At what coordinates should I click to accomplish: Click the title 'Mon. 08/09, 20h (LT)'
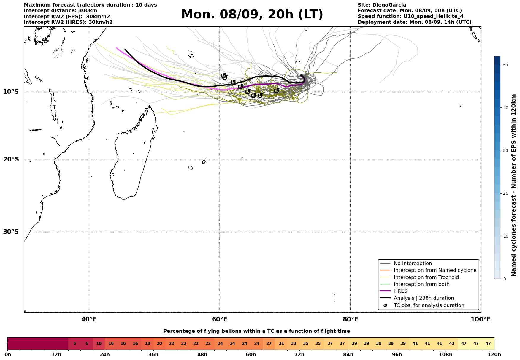(252, 15)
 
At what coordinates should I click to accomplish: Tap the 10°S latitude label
(11, 92)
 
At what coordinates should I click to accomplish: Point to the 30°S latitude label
(11, 232)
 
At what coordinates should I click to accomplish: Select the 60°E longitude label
(220, 319)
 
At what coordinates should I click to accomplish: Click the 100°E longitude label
(481, 319)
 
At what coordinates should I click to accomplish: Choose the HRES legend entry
(400, 291)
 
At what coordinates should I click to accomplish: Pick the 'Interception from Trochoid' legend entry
(426, 277)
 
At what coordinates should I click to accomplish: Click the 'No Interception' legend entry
(413, 264)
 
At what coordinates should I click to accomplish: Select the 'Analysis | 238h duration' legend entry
(424, 298)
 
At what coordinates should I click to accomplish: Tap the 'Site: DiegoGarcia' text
(382, 5)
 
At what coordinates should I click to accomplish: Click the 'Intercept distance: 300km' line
(60, 11)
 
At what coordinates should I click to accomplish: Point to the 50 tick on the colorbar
(505, 65)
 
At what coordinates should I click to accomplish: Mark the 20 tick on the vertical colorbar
(505, 193)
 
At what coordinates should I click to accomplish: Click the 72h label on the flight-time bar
(299, 355)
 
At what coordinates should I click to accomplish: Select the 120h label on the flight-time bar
(494, 355)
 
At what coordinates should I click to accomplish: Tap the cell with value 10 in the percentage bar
(99, 344)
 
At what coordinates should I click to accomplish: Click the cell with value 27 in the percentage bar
(269, 344)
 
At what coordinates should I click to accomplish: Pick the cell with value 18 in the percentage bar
(148, 344)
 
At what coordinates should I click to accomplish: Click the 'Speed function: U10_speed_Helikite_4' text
(410, 16)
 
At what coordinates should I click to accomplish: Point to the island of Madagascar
(134, 160)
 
